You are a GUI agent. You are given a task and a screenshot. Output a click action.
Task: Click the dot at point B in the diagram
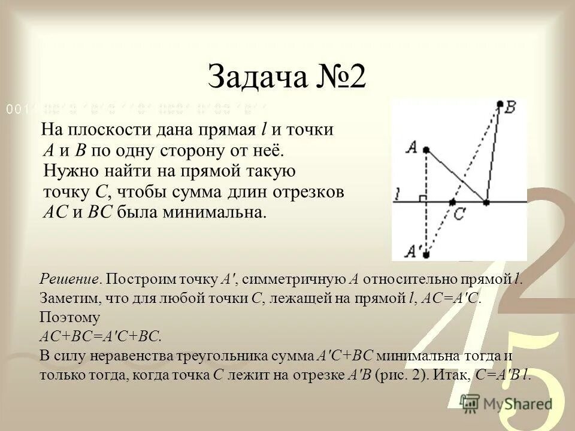(500, 105)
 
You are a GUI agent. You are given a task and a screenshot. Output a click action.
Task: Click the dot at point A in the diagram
(425, 149)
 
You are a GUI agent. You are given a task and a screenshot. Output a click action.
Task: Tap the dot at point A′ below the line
(425, 254)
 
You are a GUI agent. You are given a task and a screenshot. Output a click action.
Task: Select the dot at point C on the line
(452, 203)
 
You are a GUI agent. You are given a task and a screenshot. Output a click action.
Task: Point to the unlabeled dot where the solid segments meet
(486, 203)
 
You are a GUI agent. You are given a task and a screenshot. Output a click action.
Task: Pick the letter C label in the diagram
(459, 214)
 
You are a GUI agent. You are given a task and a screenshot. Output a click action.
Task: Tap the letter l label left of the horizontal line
(398, 194)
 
